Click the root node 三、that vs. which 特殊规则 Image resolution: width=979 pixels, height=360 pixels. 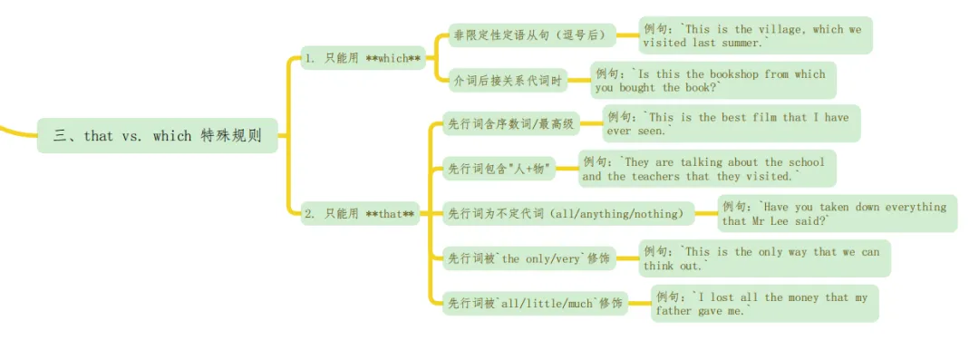158,136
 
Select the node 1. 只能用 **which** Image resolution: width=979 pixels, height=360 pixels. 363,59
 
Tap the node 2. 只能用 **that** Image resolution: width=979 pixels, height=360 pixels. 360,214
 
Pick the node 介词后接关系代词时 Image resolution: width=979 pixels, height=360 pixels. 507,81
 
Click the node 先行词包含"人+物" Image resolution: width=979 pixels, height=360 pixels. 499,169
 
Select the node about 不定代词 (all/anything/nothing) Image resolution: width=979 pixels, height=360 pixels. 568,214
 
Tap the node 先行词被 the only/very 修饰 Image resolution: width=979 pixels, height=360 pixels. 529,258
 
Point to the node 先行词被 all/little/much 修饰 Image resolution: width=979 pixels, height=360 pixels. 535,304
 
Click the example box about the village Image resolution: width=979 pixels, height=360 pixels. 755,35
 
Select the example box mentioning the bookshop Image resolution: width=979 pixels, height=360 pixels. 712,81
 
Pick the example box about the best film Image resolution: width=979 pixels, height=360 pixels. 731,124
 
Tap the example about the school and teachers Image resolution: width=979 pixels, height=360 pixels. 706,169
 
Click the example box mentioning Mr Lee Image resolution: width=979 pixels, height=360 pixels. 837,214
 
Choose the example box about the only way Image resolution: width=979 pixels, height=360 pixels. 764,258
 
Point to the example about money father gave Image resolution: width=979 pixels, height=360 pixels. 764,304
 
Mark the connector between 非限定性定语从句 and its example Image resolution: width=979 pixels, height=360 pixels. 627,36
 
